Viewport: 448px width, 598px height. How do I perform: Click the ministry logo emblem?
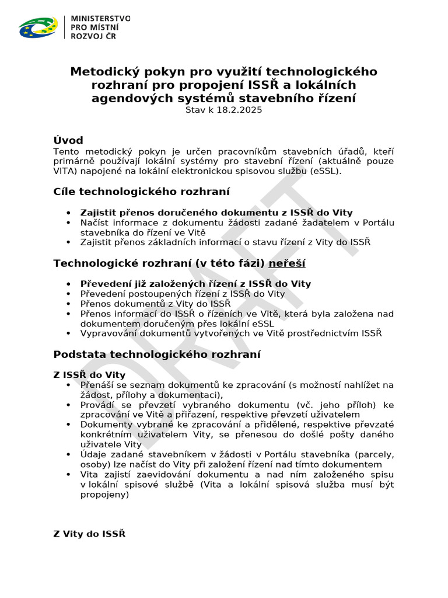click(x=38, y=27)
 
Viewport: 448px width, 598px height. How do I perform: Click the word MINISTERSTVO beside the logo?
click(x=100, y=19)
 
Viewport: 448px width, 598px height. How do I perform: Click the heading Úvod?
click(x=68, y=140)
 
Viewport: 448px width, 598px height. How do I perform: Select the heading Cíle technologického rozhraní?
click(x=141, y=192)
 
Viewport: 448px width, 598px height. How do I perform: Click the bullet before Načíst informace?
click(x=69, y=222)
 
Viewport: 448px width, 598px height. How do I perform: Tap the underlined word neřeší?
click(x=286, y=263)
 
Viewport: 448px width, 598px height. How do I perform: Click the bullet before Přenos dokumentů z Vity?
click(x=69, y=304)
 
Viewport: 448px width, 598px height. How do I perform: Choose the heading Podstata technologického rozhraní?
click(x=157, y=354)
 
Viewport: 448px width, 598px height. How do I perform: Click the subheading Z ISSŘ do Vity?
click(x=89, y=375)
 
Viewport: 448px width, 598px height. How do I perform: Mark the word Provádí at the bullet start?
click(x=97, y=405)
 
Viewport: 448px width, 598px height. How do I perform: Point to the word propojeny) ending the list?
click(x=104, y=494)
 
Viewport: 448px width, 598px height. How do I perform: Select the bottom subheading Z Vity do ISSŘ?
click(x=89, y=534)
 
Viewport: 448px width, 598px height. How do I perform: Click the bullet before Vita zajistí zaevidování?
click(x=69, y=474)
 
